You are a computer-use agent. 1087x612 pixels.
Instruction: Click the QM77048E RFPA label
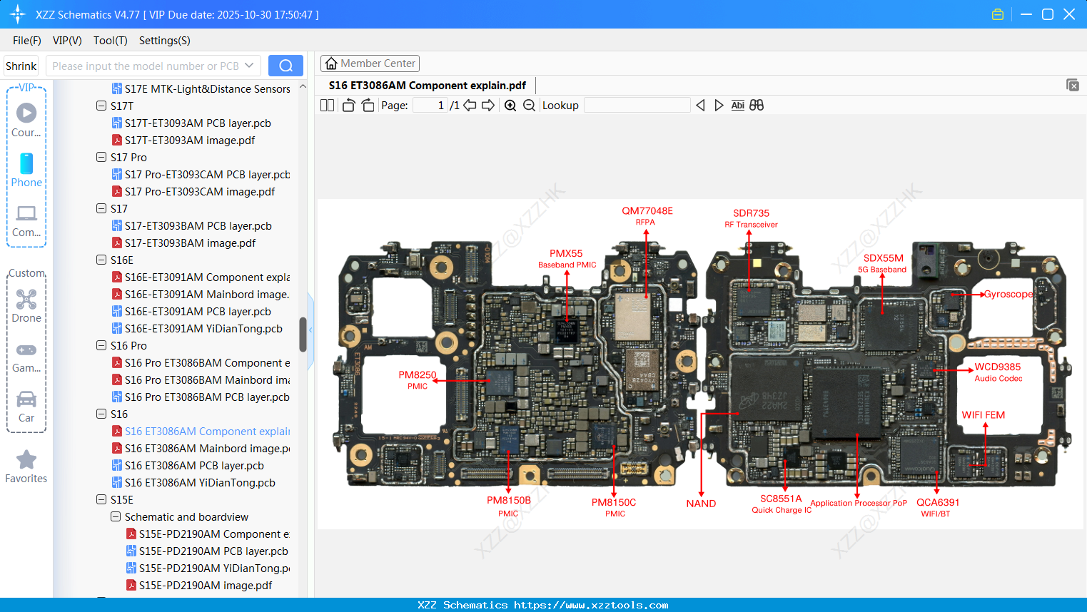point(647,215)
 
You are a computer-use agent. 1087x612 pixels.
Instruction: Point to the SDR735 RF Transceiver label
point(751,218)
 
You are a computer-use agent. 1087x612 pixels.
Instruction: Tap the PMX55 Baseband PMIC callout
point(567,258)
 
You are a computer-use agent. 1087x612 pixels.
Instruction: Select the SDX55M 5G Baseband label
point(883,262)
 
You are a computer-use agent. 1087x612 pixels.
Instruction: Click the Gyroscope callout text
point(1008,294)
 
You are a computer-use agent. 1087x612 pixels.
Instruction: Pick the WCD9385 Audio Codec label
point(998,372)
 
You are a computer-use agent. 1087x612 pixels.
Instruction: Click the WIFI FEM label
point(983,415)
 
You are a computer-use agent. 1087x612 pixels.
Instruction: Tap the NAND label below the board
point(701,504)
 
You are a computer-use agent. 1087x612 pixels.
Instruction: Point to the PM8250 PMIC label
point(418,379)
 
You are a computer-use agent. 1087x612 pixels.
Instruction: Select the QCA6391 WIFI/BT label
point(937,507)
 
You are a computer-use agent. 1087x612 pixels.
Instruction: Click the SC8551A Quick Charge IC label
point(781,504)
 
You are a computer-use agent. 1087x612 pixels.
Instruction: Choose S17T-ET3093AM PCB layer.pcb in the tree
point(198,123)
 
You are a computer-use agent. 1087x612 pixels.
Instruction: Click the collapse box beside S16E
point(101,260)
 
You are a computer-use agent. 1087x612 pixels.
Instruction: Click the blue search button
point(285,66)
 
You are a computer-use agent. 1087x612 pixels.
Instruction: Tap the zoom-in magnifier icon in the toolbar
point(510,106)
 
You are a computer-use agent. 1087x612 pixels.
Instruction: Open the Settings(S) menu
point(164,41)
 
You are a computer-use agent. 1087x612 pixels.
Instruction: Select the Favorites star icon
point(26,460)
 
